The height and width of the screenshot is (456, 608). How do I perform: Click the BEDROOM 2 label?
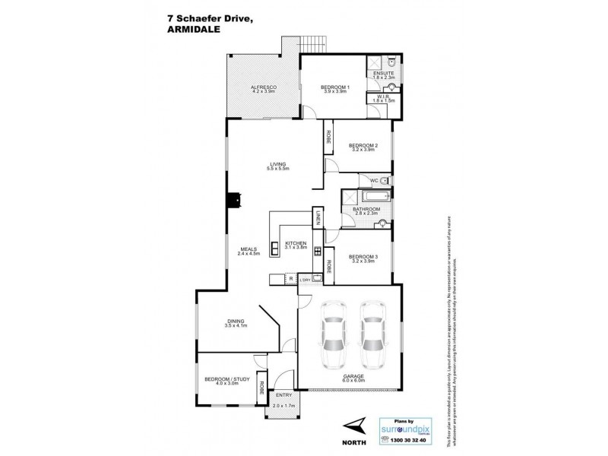(362, 145)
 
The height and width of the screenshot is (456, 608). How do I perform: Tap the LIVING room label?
(277, 162)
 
